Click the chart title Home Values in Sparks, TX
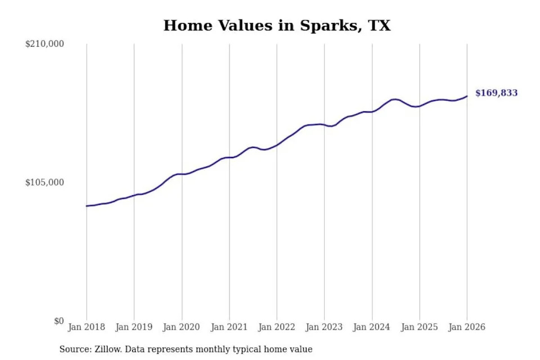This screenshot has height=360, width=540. click(277, 26)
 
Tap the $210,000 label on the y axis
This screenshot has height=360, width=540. click(44, 44)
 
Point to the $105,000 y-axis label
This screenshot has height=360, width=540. click(44, 182)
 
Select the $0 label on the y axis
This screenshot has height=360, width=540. click(58, 321)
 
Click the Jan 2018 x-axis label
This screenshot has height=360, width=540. click(86, 327)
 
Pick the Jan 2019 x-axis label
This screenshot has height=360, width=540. click(134, 327)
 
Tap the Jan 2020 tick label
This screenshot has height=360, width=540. click(181, 327)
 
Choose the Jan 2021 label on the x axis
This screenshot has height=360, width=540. click(229, 327)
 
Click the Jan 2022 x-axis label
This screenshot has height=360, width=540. click(276, 327)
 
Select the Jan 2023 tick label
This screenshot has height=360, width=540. click(324, 327)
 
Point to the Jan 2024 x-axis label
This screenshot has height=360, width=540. click(371, 327)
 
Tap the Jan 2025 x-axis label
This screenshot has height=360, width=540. click(419, 327)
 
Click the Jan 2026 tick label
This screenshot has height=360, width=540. click(466, 327)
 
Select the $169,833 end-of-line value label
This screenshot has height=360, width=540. click(496, 93)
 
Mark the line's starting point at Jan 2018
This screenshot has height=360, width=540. click(87, 206)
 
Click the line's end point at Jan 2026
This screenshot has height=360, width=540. click(466, 96)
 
